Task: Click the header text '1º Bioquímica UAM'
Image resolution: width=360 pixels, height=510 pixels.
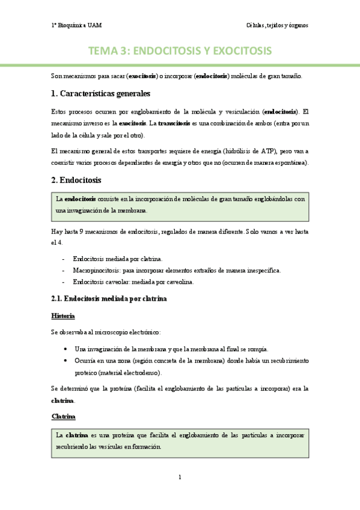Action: [x=76, y=25]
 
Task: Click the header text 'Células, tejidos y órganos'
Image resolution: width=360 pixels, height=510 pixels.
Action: [x=277, y=25]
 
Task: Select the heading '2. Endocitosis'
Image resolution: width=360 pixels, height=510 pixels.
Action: [x=76, y=180]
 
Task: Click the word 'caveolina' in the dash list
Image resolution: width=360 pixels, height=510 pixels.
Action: [x=179, y=281]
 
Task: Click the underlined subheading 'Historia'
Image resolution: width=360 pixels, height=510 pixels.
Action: [x=63, y=316]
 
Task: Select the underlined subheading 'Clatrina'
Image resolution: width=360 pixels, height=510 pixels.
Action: [x=63, y=416]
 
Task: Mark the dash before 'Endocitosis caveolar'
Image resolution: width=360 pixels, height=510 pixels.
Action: [x=64, y=281]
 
